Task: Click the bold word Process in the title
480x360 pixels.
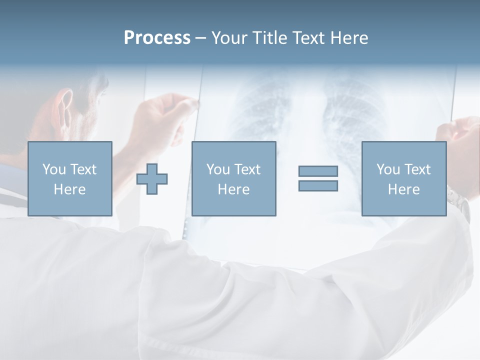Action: click(157, 38)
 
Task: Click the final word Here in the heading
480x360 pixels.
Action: click(349, 38)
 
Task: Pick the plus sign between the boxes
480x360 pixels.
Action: click(152, 179)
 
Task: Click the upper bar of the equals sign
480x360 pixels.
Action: click(318, 171)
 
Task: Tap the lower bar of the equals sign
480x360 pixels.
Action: click(318, 185)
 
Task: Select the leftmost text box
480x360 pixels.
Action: click(70, 178)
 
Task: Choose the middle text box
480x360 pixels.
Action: click(233, 178)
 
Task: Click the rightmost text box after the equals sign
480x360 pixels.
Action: click(403, 178)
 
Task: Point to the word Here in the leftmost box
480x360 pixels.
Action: click(69, 189)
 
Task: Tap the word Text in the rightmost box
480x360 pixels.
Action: click(417, 169)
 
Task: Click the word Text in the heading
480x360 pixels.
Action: click(306, 38)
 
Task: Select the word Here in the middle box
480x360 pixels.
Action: click(233, 189)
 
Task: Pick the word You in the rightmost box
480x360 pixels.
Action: click(388, 169)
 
